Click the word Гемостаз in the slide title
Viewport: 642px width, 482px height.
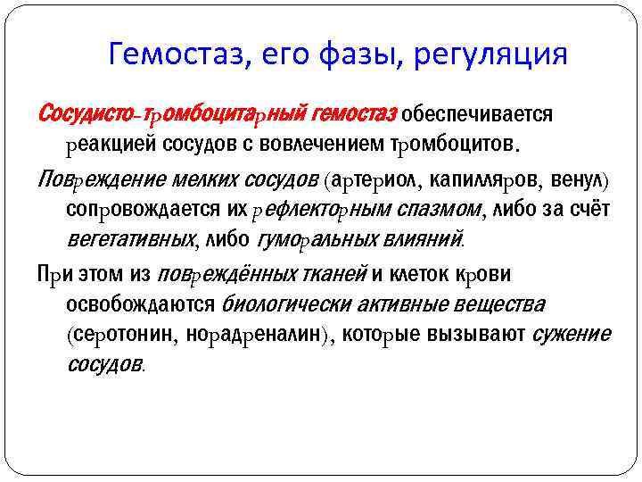click(173, 55)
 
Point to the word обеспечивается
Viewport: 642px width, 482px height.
click(477, 114)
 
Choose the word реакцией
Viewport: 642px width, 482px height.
click(109, 144)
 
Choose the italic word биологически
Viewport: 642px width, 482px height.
click(287, 304)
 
